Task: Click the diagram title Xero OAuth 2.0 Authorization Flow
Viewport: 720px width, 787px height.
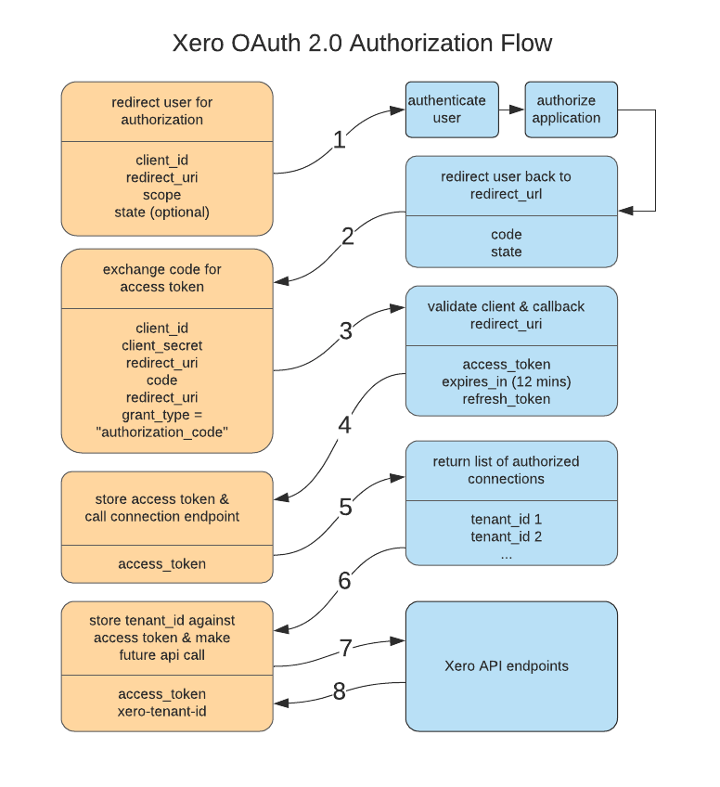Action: tap(362, 43)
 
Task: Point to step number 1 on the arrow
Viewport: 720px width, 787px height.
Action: tap(339, 139)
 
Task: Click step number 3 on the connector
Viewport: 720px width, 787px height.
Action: tap(345, 331)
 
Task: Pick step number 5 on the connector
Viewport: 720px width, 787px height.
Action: tap(345, 507)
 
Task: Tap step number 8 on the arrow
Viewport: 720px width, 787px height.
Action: tap(339, 692)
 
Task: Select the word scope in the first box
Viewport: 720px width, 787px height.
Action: tap(162, 195)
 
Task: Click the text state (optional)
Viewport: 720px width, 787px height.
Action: tap(162, 213)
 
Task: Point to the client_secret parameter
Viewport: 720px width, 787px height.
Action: tap(162, 345)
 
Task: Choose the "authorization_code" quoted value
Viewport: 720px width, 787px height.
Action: tap(162, 432)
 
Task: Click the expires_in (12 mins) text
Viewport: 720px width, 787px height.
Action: tap(507, 381)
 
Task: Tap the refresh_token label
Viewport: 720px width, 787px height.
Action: tap(507, 399)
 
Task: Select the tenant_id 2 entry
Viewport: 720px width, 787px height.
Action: tap(507, 536)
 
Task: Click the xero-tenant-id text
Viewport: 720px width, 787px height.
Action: tap(162, 711)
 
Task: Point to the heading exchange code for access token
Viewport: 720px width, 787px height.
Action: tap(162, 277)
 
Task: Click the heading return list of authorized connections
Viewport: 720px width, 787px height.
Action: tap(507, 470)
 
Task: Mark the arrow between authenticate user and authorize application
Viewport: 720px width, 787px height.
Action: tap(511, 110)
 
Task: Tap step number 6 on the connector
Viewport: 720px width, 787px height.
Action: tap(344, 581)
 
